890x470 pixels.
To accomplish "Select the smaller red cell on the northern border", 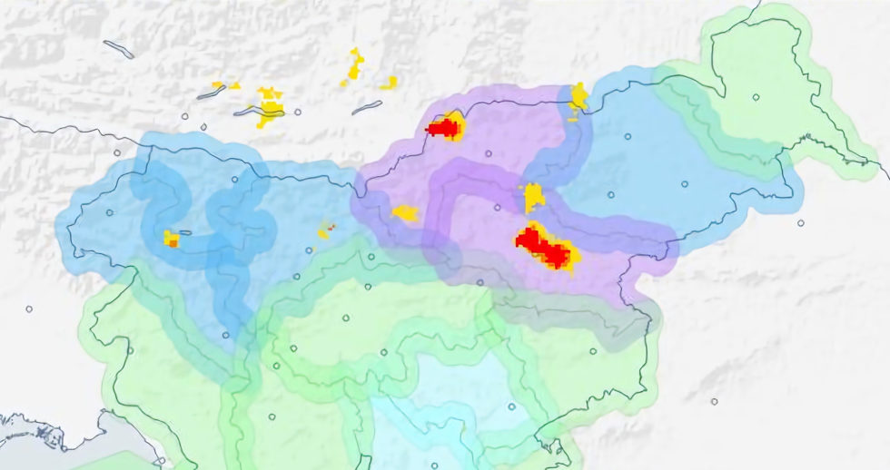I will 443,128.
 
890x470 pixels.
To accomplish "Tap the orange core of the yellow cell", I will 172,242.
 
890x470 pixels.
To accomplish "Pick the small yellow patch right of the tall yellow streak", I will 389,83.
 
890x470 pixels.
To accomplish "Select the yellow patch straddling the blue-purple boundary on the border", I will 577,101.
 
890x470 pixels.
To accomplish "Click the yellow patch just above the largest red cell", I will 533,196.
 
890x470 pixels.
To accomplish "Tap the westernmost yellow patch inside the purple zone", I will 405,213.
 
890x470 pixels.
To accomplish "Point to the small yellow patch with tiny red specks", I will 325,230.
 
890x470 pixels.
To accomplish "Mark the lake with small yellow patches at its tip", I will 211,92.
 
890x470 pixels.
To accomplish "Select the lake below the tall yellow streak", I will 366,107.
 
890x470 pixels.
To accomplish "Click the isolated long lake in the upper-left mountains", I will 118,49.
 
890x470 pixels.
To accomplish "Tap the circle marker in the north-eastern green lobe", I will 756,97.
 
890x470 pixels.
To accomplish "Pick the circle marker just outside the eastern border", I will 800,222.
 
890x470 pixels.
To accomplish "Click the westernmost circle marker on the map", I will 29,308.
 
